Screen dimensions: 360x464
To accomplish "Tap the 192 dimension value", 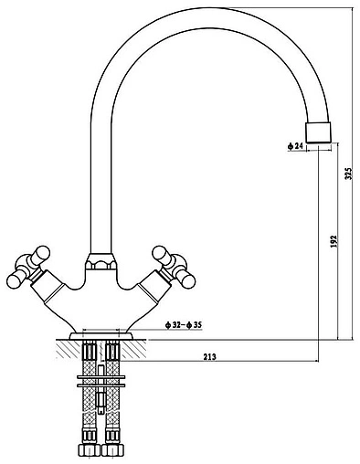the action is click(334, 241).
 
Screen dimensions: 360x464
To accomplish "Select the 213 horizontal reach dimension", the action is click(209, 357).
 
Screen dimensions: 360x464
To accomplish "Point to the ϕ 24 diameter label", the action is click(295, 146).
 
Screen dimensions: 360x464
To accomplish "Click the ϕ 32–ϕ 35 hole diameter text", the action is click(184, 325).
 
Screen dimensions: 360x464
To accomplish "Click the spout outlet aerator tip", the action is click(318, 133).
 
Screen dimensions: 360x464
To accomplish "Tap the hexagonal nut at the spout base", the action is click(101, 261).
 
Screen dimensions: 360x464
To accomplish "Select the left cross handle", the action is click(28, 266).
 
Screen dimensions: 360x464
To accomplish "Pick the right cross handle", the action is click(174, 267).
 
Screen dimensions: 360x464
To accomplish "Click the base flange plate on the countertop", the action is click(101, 336).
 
